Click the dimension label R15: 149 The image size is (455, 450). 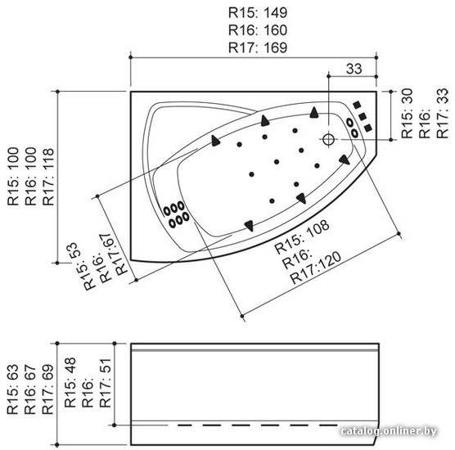point(258,13)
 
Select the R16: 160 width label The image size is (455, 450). point(258,30)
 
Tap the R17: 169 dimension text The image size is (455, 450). point(258,47)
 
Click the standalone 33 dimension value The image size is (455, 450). point(354,69)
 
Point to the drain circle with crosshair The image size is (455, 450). point(328,139)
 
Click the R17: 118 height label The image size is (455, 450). point(48,177)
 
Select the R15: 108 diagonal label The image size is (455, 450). point(302,236)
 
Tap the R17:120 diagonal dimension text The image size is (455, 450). point(316,268)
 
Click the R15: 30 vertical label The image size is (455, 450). point(407,114)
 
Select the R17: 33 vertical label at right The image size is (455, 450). point(443,114)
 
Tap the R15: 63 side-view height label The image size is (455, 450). point(13,389)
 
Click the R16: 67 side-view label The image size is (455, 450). point(30,389)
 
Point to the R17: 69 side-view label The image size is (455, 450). point(48,389)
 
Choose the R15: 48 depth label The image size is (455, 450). point(70,382)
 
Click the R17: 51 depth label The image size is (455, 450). point(106,383)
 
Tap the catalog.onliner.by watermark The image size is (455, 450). point(389,431)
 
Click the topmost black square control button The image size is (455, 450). point(357,105)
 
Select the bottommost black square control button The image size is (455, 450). point(368,128)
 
